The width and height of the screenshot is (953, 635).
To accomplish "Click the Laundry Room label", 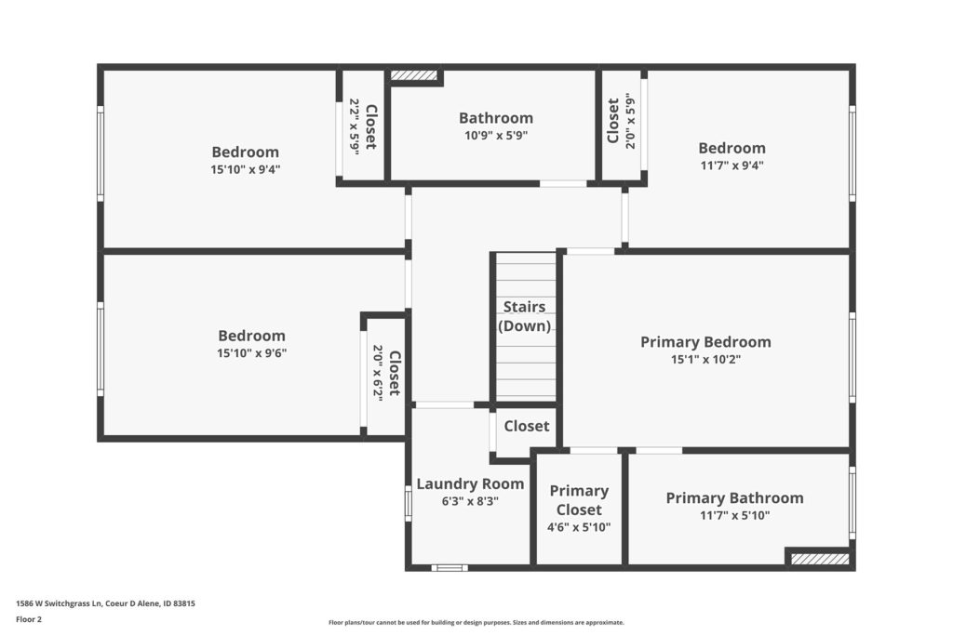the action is pos(470,483).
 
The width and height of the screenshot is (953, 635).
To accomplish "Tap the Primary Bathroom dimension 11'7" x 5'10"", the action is pos(735,515).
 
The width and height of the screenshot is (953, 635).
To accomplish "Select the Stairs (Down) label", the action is pos(525,316).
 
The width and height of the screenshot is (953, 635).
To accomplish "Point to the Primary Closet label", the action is pos(579,499).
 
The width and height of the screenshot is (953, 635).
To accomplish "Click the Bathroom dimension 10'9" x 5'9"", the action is pos(496,136).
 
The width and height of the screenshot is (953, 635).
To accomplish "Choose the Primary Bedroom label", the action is pos(705,342).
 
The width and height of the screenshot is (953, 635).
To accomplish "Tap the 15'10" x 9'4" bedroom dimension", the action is pos(246,169).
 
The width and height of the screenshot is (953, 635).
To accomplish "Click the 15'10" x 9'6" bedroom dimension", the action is pos(251,352).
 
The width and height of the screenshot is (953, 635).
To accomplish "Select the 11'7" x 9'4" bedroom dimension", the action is pos(732,165).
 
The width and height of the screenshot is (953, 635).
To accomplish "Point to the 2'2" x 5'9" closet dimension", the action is pos(355,126).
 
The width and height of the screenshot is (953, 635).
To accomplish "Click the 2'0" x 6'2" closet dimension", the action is pos(378,374).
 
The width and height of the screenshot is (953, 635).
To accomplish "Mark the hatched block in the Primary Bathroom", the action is pos(820,559).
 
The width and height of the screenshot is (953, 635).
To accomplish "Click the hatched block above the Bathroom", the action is pos(414,75).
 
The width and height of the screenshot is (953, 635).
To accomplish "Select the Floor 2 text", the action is pos(29,619).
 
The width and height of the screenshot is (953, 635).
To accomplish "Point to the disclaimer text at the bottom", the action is pos(476,622).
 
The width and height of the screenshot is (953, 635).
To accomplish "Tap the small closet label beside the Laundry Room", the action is pos(527,426).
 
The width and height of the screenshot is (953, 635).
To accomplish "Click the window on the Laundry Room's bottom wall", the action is pos(450,568).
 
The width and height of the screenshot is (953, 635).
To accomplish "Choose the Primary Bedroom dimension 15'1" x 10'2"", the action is pos(705,360).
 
